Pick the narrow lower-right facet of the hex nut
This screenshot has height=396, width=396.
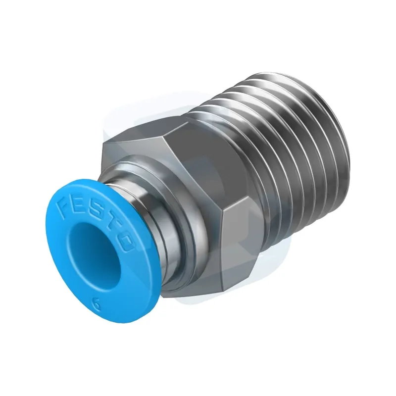[243, 252]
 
